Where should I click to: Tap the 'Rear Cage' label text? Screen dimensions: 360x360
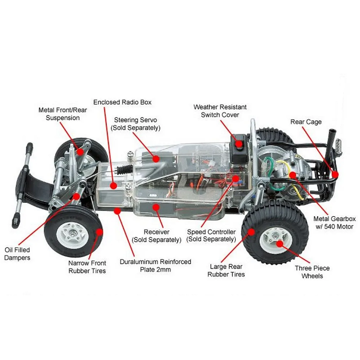pyautogui.click(x=306, y=122)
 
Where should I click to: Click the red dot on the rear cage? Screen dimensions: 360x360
pyautogui.click(x=335, y=174)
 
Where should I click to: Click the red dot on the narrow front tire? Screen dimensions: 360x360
pyautogui.click(x=99, y=232)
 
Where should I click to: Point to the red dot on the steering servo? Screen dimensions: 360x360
pyautogui.click(x=156, y=157)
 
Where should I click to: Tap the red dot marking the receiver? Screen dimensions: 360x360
pyautogui.click(x=155, y=207)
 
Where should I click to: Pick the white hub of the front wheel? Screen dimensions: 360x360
pyautogui.click(x=72, y=235)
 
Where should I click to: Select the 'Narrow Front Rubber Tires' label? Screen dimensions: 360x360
pyautogui.click(x=87, y=267)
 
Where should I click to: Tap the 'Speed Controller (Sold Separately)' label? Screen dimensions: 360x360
pyautogui.click(x=211, y=235)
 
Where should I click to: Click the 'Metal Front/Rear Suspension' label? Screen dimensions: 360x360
pyautogui.click(x=62, y=114)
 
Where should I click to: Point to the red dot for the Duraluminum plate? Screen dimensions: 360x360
pyautogui.click(x=117, y=209)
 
